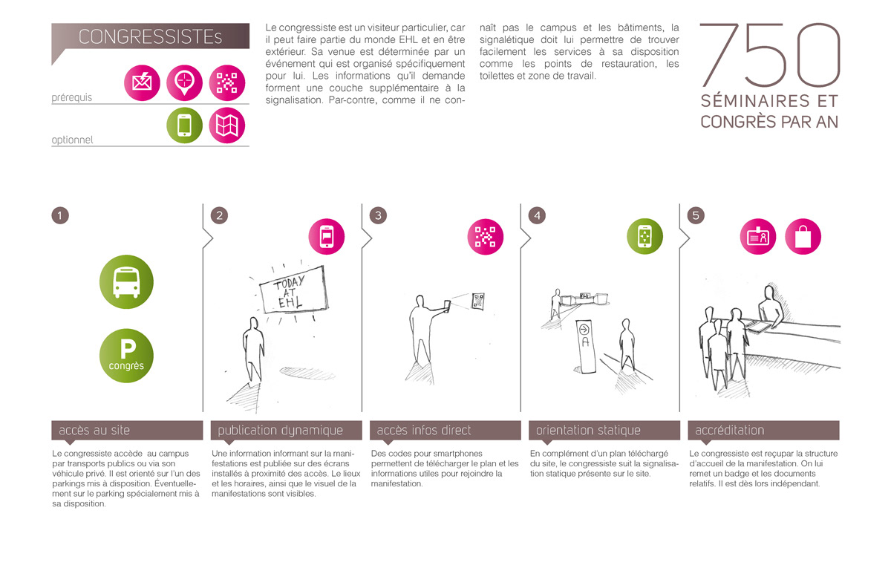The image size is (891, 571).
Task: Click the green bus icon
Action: tap(126, 282)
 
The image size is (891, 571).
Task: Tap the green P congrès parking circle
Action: tap(126, 356)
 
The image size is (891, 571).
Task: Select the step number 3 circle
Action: tap(378, 215)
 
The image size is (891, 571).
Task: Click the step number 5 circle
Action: tap(696, 215)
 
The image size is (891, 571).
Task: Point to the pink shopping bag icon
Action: tap(803, 237)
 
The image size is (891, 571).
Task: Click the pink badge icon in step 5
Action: tap(758, 237)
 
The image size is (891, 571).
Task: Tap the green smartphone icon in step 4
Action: tap(644, 236)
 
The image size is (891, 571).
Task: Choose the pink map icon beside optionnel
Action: tap(227, 125)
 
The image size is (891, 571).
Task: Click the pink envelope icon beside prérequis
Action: tap(142, 82)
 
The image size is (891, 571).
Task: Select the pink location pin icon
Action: tap(185, 82)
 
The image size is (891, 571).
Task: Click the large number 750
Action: tap(770, 55)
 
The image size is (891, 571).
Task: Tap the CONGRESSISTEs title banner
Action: tap(150, 36)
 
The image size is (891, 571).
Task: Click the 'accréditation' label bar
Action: tap(763, 430)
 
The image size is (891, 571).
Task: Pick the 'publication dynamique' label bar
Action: tap(286, 430)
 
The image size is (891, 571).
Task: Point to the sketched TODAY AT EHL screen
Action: tap(294, 290)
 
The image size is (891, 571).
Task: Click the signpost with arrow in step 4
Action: tap(586, 346)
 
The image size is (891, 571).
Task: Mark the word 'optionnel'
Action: tap(73, 140)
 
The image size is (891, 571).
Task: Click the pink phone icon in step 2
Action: tap(327, 237)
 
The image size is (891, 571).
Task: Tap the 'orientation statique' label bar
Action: tap(604, 430)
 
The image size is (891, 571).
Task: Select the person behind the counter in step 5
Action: tap(771, 307)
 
